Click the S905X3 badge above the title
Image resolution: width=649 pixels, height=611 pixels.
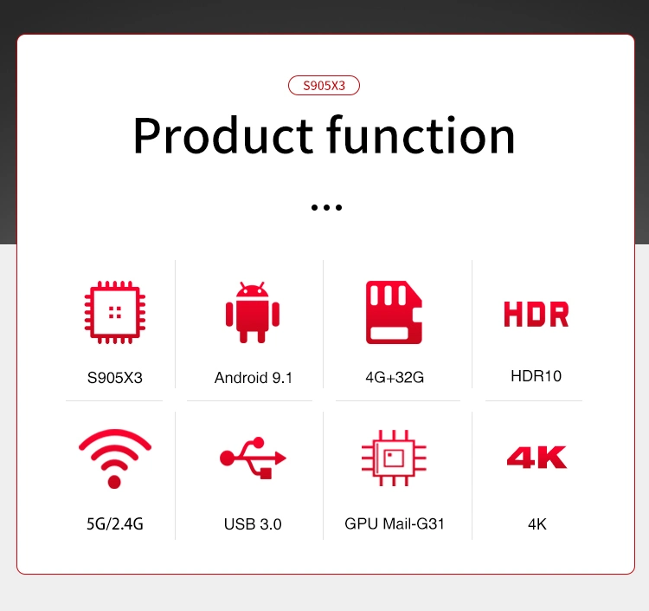pyautogui.click(x=324, y=86)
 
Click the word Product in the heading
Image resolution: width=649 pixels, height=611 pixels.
pyautogui.click(x=222, y=135)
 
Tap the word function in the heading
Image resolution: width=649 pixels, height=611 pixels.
pyautogui.click(x=421, y=134)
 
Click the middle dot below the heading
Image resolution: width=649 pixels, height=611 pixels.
pyautogui.click(x=326, y=207)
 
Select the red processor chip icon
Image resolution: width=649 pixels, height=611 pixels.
pyautogui.click(x=114, y=312)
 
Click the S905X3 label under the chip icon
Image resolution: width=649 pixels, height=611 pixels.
pyautogui.click(x=114, y=378)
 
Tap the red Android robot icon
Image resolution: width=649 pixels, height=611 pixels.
pyautogui.click(x=253, y=312)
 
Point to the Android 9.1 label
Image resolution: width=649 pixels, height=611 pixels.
pyautogui.click(x=254, y=378)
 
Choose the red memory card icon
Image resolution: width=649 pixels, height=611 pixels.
pyautogui.click(x=394, y=312)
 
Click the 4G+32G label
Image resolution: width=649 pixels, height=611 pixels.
pyautogui.click(x=395, y=377)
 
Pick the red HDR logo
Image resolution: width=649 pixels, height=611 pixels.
pyautogui.click(x=536, y=314)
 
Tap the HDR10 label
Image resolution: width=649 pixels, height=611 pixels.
pyautogui.click(x=536, y=376)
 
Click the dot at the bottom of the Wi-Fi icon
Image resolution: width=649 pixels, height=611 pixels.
pyautogui.click(x=114, y=482)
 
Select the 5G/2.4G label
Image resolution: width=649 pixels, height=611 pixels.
pyautogui.click(x=114, y=524)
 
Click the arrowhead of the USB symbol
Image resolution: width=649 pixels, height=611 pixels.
pyautogui.click(x=280, y=458)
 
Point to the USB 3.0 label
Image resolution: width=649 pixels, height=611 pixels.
pyautogui.click(x=253, y=524)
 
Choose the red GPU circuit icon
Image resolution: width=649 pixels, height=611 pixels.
pyautogui.click(x=394, y=458)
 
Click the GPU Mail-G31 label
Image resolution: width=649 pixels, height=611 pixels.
pyautogui.click(x=394, y=523)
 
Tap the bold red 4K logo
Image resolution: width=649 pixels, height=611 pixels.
pyautogui.click(x=537, y=458)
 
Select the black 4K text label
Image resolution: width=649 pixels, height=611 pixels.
pyautogui.click(x=537, y=524)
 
